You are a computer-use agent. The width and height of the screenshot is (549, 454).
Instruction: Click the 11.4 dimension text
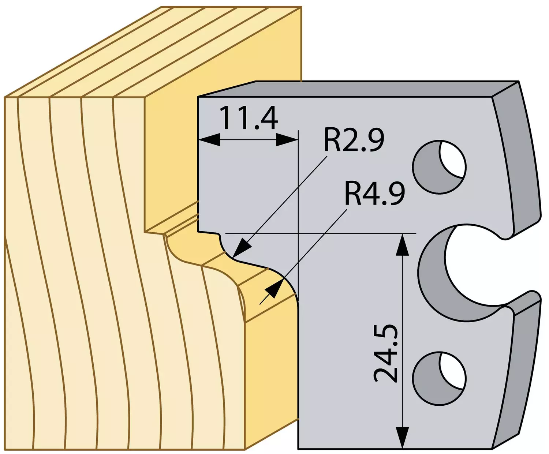pyautogui.click(x=249, y=118)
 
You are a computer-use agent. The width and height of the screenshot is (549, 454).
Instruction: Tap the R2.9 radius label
pyautogui.click(x=354, y=140)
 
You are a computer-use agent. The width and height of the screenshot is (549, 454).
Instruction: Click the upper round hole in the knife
pyautogui.click(x=439, y=167)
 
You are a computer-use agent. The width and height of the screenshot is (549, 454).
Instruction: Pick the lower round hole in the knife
pyautogui.click(x=439, y=379)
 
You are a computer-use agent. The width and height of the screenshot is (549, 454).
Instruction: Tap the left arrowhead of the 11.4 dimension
pyautogui.click(x=210, y=140)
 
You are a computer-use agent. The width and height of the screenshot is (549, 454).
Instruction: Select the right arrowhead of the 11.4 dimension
pyautogui.click(x=287, y=140)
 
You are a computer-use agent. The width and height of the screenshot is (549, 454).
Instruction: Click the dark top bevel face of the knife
pyautogui.click(x=358, y=89)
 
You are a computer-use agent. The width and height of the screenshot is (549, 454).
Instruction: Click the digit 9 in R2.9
pyautogui.click(x=374, y=140)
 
